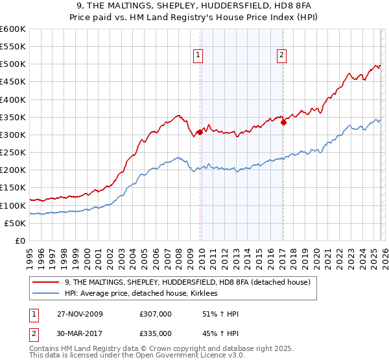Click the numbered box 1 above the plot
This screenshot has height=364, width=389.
point(198,56)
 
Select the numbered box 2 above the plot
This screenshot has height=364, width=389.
point(282,56)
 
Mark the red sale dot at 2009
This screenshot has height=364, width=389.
point(200,132)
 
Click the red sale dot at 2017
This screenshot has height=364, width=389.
point(283,122)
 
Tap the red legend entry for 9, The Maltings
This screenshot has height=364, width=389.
point(188,282)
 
